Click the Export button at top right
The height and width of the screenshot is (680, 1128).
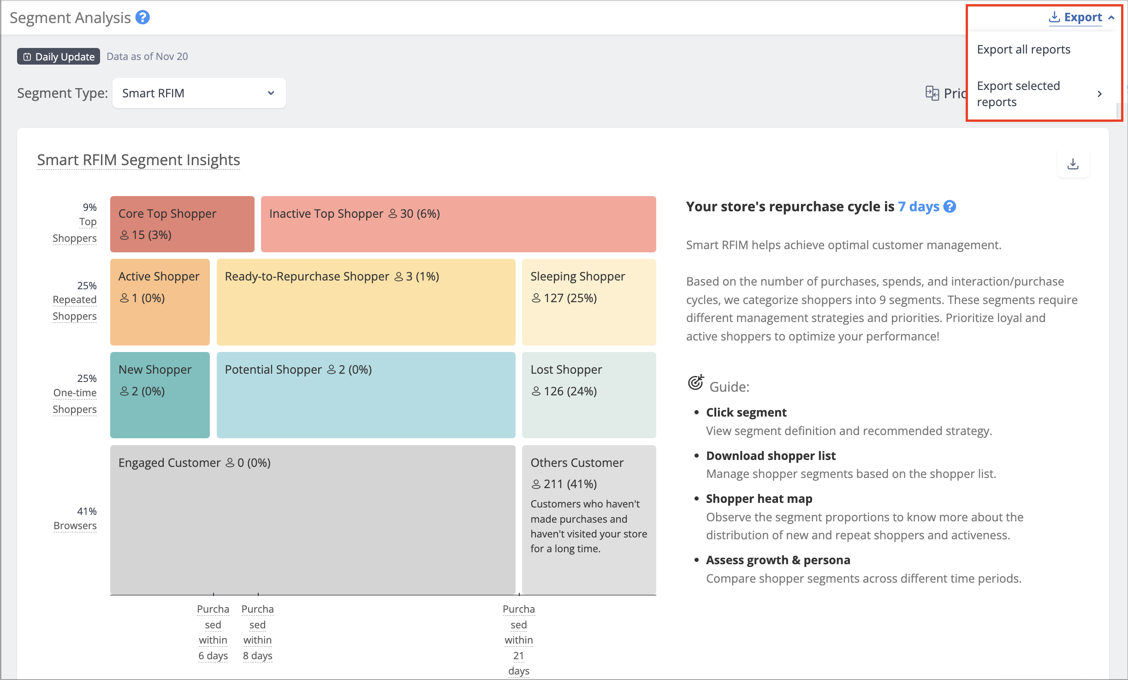pos(1081,18)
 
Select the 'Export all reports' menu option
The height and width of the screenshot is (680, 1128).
pos(1023,49)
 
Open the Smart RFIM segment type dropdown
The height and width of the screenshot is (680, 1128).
pos(199,93)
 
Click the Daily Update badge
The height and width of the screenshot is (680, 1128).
pos(59,56)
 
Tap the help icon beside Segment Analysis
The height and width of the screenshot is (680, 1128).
pos(142,18)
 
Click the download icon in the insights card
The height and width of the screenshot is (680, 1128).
pos(1073,164)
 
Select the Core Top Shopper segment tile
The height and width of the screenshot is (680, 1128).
pos(182,224)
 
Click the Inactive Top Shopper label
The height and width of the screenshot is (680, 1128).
pos(326,214)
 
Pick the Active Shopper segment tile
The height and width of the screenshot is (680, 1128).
pos(160,302)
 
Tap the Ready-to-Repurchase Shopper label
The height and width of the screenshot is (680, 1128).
pos(307,276)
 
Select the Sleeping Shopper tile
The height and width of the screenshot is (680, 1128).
pos(589,302)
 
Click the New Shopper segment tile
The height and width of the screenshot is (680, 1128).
pos(160,395)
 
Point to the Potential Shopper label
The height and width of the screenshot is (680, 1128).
pos(273,370)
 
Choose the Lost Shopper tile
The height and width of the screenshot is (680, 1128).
pos(589,395)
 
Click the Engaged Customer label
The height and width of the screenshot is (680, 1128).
pos(169,463)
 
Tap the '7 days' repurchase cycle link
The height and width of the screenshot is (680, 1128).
pos(919,207)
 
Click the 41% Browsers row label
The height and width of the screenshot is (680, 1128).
pos(75,519)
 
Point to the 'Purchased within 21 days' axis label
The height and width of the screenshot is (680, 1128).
pos(519,640)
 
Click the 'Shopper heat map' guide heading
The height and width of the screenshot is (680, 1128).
pos(759,499)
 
